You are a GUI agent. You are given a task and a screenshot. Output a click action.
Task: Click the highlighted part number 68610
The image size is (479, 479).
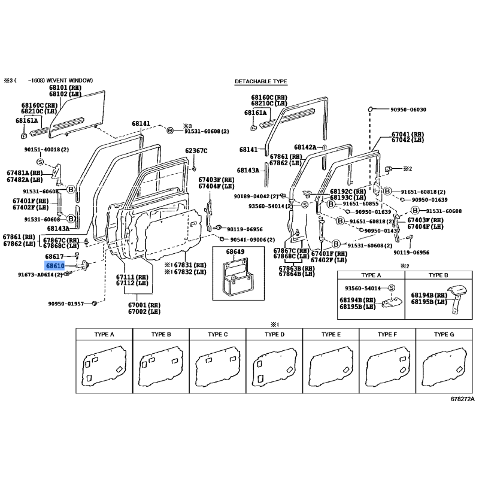(x=55, y=266)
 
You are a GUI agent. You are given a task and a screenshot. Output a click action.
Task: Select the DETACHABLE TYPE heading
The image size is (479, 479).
(x=261, y=81)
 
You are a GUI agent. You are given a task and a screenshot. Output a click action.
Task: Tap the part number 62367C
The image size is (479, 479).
(x=196, y=151)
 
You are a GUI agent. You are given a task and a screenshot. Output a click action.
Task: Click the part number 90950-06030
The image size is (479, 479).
(x=408, y=110)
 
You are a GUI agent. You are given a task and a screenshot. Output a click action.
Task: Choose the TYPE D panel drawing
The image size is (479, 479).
(x=274, y=366)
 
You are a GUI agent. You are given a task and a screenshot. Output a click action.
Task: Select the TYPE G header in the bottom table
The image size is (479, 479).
(x=444, y=335)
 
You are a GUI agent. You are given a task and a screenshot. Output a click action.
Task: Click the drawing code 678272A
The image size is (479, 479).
(x=462, y=399)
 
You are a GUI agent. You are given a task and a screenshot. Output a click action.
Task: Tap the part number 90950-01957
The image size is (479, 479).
(x=66, y=304)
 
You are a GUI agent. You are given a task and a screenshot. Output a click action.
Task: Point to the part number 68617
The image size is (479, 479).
(x=54, y=257)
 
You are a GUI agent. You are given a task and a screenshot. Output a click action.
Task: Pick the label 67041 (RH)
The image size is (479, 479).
(x=408, y=134)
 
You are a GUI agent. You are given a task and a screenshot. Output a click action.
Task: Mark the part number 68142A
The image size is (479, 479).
(x=305, y=147)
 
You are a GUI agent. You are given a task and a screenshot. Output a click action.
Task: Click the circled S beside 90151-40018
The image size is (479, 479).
(x=40, y=162)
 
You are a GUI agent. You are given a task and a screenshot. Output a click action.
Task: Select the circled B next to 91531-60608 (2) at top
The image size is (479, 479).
(x=170, y=131)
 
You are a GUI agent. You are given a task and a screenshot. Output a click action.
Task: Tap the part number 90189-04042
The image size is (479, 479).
(x=251, y=196)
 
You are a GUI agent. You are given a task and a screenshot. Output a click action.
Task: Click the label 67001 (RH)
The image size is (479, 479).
(x=144, y=305)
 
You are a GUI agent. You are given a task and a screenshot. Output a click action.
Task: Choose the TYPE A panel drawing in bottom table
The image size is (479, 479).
(x=104, y=366)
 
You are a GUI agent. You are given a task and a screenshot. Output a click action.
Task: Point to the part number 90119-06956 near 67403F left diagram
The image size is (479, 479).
(x=245, y=229)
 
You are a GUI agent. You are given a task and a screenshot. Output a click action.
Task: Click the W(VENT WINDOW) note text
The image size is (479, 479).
(x=69, y=81)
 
